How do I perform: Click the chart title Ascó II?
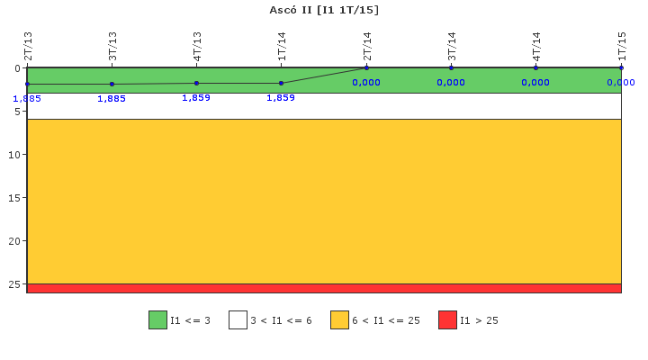pos(324,10)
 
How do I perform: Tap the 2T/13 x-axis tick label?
pos(28,46)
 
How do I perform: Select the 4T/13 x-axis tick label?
pos(197,46)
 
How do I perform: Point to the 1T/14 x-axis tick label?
pos(282,46)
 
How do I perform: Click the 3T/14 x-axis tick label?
pos(452,46)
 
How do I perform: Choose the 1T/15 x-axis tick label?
pos(622,46)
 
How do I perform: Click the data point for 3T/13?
pos(112,84)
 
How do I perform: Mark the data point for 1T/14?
pos(282,83)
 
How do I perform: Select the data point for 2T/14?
pos(366,67)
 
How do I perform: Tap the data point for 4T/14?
pos(535,67)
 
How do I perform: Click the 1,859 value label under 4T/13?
pos(196,97)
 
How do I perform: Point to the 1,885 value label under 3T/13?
pos(112,99)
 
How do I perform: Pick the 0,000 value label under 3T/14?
pos(451,83)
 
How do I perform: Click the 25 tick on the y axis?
pos(14,284)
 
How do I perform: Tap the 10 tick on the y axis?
pos(14,155)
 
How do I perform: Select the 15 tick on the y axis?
pos(14,198)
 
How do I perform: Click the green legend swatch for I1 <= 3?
pos(157,320)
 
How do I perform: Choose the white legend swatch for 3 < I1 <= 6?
pos(238,320)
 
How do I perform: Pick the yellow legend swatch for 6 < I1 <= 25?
pos(339,320)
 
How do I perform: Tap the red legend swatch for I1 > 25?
pos(447,320)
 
